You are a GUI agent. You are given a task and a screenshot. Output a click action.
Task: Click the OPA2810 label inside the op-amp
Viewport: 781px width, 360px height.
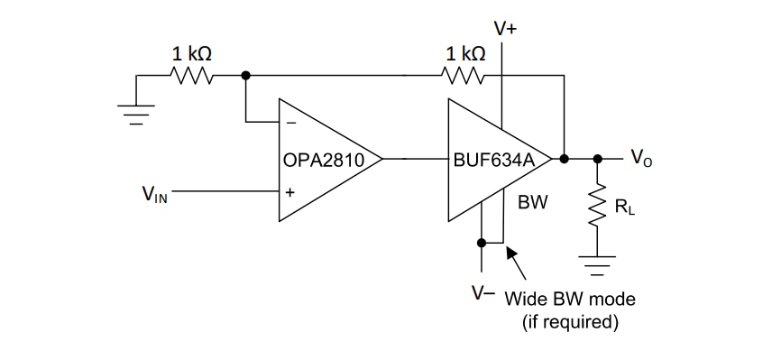pos(323,161)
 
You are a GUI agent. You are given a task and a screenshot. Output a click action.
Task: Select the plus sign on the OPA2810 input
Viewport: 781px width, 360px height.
pos(290,191)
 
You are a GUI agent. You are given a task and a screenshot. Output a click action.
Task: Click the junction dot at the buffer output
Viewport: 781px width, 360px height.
pos(565,159)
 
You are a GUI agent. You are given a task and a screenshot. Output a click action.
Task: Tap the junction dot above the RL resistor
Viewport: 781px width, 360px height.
pos(596,159)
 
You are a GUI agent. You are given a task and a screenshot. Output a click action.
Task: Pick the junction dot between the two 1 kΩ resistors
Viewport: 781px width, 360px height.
pos(245,77)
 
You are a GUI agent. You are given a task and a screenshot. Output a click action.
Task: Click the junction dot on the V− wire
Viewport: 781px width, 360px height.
pos(482,242)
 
